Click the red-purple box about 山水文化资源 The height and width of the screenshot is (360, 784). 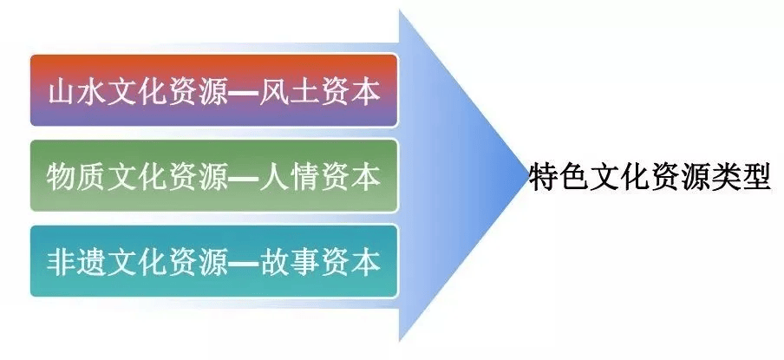point(214,90)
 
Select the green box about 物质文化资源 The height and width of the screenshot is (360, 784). point(214,175)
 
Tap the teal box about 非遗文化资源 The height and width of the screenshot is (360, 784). point(214,261)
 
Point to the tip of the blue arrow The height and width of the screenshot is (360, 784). point(528,176)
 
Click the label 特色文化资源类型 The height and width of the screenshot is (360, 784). point(650,176)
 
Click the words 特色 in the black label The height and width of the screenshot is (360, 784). point(559,176)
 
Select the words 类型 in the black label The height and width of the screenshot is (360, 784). point(740,176)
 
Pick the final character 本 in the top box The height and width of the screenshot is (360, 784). point(365,91)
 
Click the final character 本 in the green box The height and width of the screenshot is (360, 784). point(365,177)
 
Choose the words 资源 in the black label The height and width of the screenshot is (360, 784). point(680,176)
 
